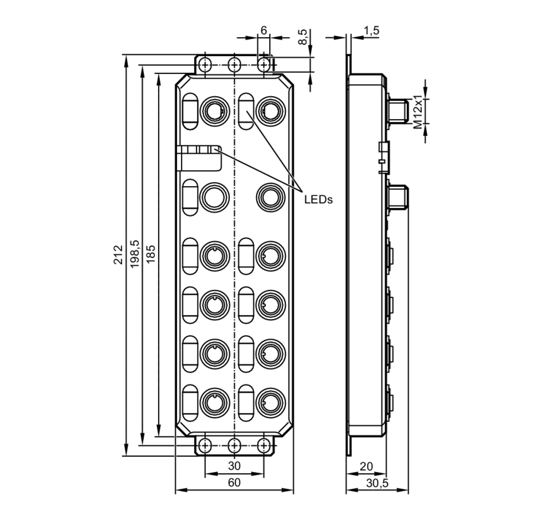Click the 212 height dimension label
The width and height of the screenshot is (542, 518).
click(x=118, y=254)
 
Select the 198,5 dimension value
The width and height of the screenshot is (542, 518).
click(x=134, y=254)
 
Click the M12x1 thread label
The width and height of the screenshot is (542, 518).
click(x=418, y=112)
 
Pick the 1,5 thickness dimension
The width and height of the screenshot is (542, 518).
click(x=371, y=31)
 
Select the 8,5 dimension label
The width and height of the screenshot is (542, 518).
click(x=303, y=37)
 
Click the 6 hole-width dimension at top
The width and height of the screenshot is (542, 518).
click(x=264, y=30)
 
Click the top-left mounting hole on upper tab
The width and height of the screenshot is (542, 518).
click(x=205, y=65)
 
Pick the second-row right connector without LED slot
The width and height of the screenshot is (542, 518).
click(x=270, y=197)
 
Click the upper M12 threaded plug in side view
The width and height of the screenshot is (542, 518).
click(x=398, y=111)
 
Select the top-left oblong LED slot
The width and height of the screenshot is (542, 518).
click(x=190, y=111)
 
